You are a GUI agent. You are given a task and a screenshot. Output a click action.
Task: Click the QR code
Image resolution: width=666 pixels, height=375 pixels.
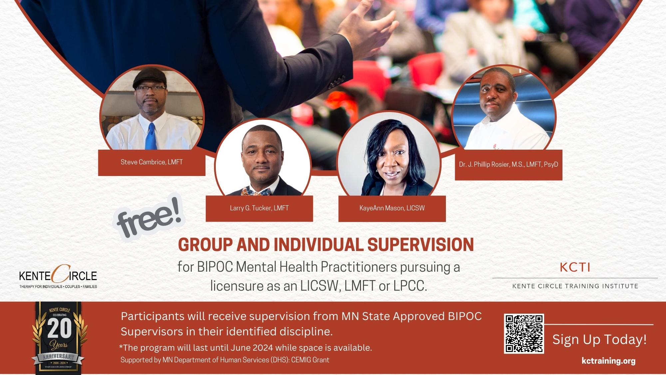coord(524,334)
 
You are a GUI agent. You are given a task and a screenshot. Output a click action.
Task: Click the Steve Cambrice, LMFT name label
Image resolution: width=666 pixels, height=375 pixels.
coord(152,162)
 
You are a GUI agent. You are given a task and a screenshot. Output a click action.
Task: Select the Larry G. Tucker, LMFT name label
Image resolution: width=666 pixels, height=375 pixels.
coord(259,208)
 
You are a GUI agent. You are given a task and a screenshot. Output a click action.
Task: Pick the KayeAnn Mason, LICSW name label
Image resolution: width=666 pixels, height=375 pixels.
coord(392,208)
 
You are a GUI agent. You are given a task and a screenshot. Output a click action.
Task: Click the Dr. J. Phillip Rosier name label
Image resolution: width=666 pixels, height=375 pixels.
coord(508,165)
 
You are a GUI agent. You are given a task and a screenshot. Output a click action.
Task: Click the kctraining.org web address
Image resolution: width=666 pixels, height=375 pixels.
coord(608,361)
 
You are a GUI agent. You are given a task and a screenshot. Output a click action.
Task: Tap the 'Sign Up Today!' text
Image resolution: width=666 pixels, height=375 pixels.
coord(599,340)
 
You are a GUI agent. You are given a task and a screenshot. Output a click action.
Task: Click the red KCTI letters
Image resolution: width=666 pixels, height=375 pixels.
coord(575,267)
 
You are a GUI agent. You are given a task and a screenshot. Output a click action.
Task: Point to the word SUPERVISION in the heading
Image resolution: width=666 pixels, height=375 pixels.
coord(420,245)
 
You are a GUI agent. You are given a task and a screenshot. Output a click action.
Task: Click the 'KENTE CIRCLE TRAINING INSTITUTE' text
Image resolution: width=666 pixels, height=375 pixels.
coord(575,286)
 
